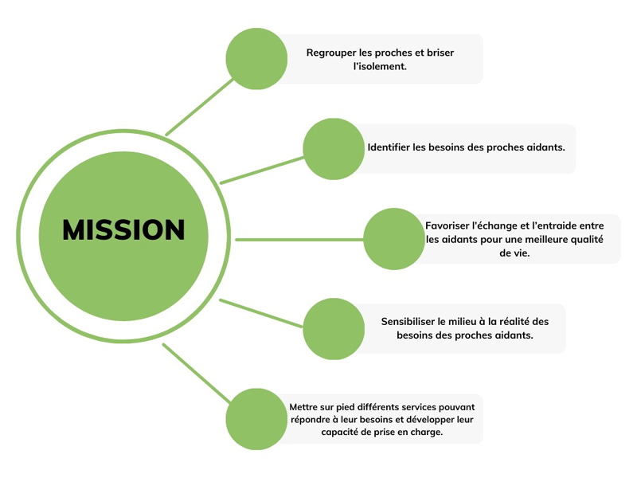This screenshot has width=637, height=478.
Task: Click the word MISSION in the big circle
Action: point(123,230)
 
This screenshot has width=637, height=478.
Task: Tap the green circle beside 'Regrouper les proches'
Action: point(256,58)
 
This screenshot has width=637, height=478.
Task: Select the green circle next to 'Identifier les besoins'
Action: point(334,148)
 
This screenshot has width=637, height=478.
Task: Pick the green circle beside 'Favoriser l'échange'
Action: point(394,239)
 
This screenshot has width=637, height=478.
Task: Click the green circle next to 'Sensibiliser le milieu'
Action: point(334,328)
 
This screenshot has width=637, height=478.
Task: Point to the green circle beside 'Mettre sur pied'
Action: point(256,419)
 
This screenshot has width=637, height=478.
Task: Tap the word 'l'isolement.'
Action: point(380,66)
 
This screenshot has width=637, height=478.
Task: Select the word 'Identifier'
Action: point(389,147)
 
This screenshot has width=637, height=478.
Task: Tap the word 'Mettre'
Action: point(305,407)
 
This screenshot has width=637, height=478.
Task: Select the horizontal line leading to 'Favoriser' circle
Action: point(299,239)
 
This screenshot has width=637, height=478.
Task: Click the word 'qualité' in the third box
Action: point(587,239)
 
